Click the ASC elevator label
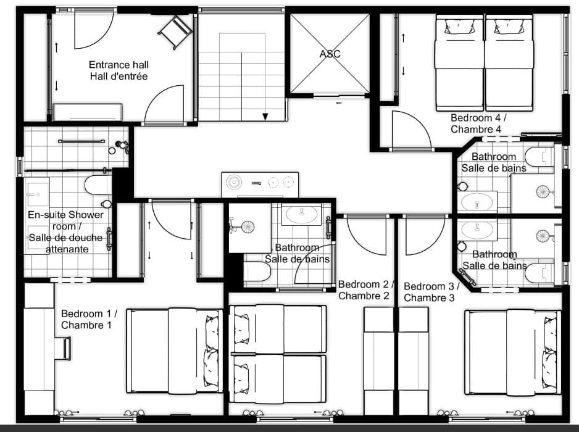[x=330, y=54]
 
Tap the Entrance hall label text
[x=119, y=70]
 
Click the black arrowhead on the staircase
[x=265, y=116]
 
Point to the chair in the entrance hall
[x=175, y=30]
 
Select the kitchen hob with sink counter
[x=260, y=183]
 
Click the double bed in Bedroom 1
[x=174, y=350]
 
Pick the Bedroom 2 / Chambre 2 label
[x=366, y=290]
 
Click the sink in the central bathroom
[x=301, y=215]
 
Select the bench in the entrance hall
[x=87, y=112]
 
